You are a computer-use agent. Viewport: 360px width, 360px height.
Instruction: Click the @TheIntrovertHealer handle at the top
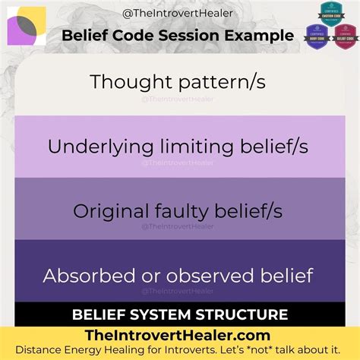[179, 14]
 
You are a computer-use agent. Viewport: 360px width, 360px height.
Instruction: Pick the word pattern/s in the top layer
[224, 82]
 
